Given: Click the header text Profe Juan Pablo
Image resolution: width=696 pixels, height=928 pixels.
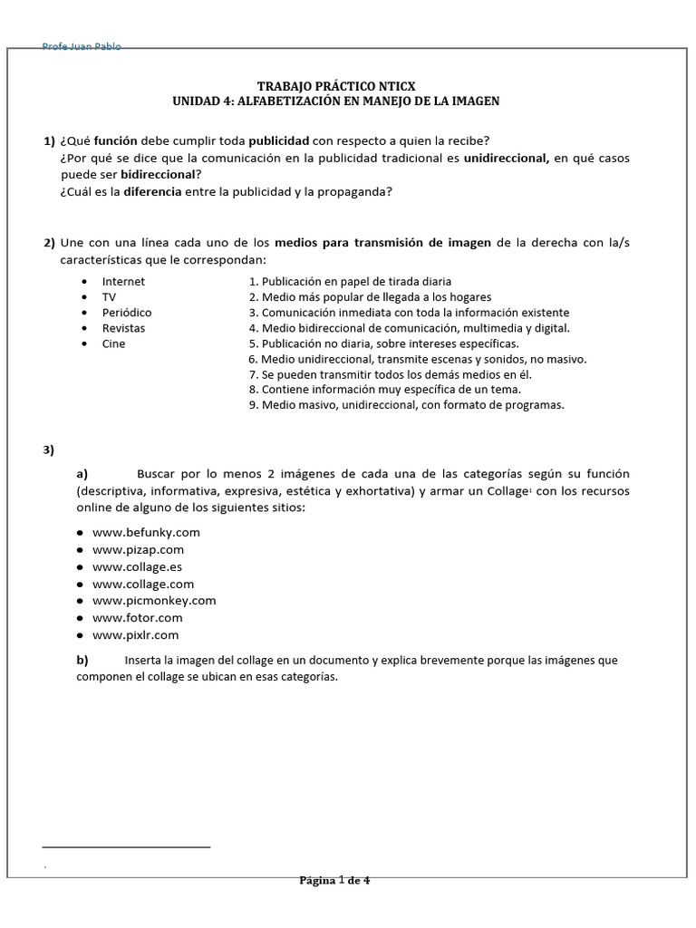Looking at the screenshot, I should click(82, 47).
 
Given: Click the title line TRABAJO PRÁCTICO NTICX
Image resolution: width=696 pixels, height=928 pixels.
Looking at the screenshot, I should click(336, 85).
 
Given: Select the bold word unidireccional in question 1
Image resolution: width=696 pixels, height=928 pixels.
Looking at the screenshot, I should click(507, 158).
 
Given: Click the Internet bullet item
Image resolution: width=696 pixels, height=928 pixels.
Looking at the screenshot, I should click(123, 281).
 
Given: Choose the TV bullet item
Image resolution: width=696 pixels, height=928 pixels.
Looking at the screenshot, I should click(109, 296).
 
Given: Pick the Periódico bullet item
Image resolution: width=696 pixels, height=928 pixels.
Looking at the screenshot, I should click(127, 312).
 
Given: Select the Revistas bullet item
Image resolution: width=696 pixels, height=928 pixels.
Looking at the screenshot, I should click(123, 328).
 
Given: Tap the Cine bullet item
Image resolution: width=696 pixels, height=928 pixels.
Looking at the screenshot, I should click(114, 343).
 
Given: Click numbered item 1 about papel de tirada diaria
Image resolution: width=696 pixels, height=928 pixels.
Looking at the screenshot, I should click(350, 281).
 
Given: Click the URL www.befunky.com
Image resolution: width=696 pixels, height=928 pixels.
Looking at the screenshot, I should click(146, 532).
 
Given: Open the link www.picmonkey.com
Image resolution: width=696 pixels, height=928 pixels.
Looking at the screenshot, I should click(154, 600).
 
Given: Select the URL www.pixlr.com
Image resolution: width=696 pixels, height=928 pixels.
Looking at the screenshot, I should click(136, 635).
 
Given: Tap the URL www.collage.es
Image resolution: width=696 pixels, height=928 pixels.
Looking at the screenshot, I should click(137, 566).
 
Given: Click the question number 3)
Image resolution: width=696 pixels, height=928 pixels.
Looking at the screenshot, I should click(49, 450).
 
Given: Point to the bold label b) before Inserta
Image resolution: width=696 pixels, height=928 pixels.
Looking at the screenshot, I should click(82, 660).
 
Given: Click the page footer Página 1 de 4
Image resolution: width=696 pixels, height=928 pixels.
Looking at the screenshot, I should click(334, 880).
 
